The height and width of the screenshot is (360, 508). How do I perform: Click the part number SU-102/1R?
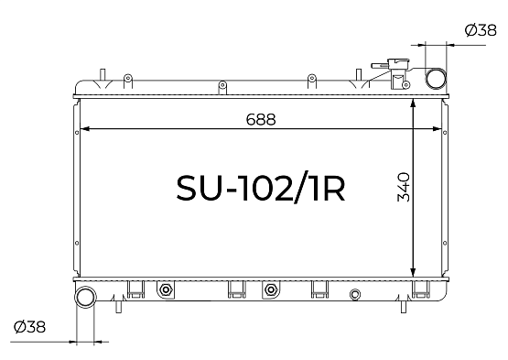pyautogui.click(x=261, y=189)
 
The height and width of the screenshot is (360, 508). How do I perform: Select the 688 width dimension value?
pyautogui.click(x=261, y=119)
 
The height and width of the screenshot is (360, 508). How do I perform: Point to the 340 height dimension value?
pyautogui.click(x=404, y=187)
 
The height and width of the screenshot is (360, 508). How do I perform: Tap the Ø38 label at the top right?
pyautogui.click(x=481, y=30)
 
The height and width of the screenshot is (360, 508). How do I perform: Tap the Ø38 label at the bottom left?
pyautogui.click(x=29, y=327)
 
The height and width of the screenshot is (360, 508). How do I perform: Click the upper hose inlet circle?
pyautogui.click(x=436, y=79)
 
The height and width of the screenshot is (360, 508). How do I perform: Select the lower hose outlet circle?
pyautogui.click(x=86, y=298)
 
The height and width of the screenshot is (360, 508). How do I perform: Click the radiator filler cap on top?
pyautogui.click(x=397, y=63)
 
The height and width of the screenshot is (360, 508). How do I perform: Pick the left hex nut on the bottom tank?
pyautogui.click(x=166, y=289)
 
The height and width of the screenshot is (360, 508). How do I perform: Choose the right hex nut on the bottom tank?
pyautogui.click(x=270, y=289)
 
